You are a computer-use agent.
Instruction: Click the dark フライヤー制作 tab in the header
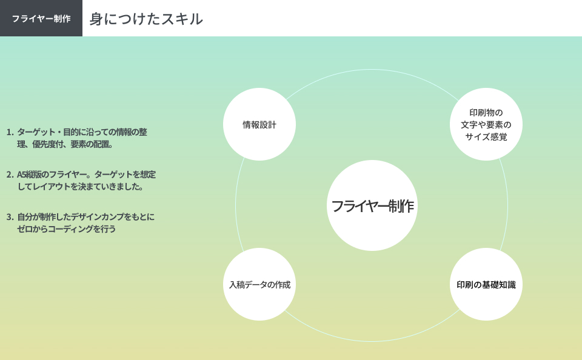41,18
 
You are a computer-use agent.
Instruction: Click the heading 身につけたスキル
146,19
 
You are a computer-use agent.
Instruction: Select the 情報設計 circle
259,124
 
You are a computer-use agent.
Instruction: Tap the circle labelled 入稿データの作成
259,284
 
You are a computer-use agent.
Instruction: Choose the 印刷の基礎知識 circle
486,284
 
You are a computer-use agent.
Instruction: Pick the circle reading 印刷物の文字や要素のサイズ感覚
486,124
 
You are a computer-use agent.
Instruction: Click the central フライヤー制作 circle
372,205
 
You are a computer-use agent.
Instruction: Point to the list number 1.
10,132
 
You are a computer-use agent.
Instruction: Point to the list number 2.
10,175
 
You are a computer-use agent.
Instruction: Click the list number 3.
10,217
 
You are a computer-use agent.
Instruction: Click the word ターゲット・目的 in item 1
49,132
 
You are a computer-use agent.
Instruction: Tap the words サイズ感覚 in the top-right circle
486,137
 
